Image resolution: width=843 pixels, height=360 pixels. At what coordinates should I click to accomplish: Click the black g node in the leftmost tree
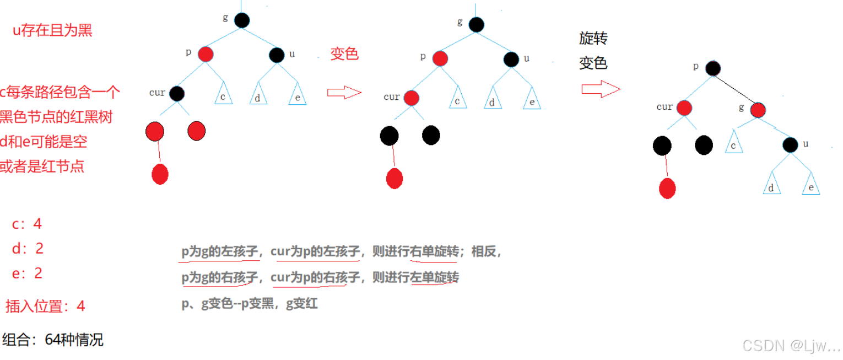tap(242, 20)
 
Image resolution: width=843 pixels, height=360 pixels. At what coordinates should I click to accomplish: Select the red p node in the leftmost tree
tap(206, 54)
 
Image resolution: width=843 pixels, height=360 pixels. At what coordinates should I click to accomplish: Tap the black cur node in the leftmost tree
tap(176, 94)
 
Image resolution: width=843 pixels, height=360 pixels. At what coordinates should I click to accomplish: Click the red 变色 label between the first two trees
tap(344, 54)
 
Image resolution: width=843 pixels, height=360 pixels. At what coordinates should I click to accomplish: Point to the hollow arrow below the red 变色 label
tap(344, 93)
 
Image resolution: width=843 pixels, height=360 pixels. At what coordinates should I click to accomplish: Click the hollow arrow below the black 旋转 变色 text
tap(601, 89)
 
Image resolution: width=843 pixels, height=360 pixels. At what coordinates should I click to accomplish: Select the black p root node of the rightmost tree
tap(712, 68)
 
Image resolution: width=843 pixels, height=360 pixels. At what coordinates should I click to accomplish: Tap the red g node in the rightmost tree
tap(758, 110)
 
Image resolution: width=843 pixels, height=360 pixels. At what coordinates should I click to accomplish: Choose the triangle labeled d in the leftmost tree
tap(257, 96)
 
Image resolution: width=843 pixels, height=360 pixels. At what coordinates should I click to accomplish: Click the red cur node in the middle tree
tap(411, 98)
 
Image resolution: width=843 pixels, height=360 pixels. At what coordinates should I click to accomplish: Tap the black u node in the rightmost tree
tap(790, 145)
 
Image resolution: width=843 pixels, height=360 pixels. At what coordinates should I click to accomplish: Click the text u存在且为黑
tap(52, 30)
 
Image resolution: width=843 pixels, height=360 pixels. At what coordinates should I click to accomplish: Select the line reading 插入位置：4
tap(45, 306)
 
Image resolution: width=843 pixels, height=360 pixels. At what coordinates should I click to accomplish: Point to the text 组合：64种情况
tap(53, 340)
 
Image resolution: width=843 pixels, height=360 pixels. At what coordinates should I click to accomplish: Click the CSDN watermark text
tap(791, 346)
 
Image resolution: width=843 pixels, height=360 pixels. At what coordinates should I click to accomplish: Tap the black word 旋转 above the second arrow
tap(593, 39)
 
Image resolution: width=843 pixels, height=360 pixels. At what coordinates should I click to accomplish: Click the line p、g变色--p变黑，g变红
tap(250, 303)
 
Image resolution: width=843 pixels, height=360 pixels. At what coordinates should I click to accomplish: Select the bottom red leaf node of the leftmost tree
tap(160, 174)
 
